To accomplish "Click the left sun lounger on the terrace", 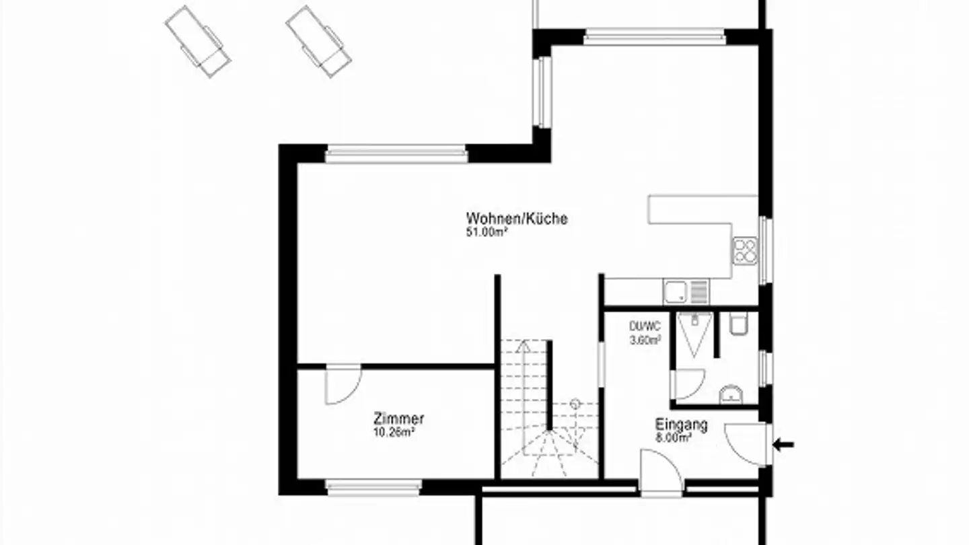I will (x=198, y=41).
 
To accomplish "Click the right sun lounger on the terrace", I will (x=318, y=40).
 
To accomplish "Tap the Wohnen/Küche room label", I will (x=517, y=219).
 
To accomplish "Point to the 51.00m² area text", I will (x=487, y=233).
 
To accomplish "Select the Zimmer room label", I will (x=398, y=419).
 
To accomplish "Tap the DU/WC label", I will (x=645, y=326).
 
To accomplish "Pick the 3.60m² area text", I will (x=645, y=340).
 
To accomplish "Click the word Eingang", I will (x=682, y=425).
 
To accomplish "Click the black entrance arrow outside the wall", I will (x=784, y=444).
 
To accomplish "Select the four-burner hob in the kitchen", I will (x=745, y=251).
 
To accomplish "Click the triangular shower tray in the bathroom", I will (x=694, y=333).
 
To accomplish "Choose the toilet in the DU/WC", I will (x=738, y=324).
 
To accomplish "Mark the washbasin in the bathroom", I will (x=731, y=395).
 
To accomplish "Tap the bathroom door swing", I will (x=687, y=384).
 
